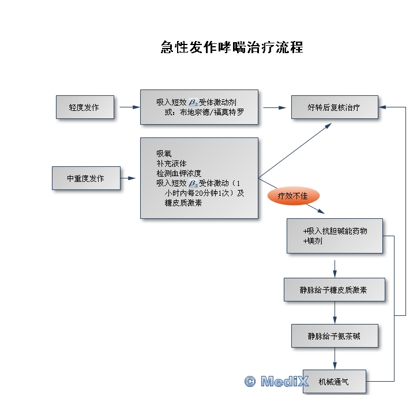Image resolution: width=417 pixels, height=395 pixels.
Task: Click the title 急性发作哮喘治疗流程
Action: click(231, 47)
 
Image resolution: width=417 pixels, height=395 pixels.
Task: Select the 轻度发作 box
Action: click(85, 107)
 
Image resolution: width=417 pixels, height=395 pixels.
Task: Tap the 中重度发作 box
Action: click(86, 178)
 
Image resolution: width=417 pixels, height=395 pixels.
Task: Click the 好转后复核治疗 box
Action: click(334, 107)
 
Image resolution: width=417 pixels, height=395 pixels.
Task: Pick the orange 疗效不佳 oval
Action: click(293, 196)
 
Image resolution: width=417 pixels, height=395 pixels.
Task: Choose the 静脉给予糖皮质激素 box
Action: click(334, 289)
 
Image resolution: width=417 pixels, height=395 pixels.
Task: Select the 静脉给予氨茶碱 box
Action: click(334, 336)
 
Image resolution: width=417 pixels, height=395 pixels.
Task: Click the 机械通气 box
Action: click(334, 381)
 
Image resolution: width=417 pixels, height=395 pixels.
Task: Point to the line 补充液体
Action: click(171, 163)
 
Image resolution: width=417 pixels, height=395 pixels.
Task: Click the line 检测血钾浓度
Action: click(178, 173)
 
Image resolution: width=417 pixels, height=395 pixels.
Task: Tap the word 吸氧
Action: click(163, 154)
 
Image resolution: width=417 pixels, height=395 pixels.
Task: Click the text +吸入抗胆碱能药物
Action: click(335, 231)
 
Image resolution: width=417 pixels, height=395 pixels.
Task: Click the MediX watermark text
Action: click(285, 381)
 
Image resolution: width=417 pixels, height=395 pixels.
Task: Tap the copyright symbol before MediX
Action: click(250, 381)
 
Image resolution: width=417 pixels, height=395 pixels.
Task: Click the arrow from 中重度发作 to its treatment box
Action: click(132, 178)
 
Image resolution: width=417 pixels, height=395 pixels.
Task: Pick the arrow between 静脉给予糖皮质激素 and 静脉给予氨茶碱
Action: click(335, 312)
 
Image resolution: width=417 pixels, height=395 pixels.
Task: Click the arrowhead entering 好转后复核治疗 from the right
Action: click(383, 107)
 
